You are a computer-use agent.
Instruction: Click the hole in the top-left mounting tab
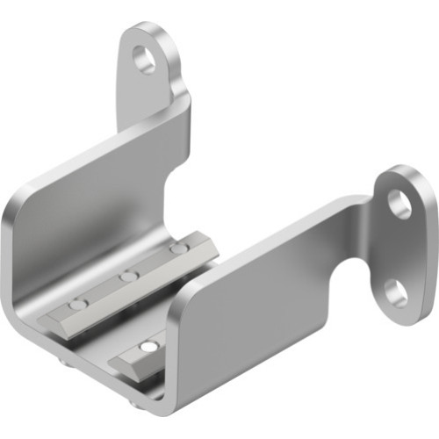pos(144,59)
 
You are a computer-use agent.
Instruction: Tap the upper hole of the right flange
pos(399,204)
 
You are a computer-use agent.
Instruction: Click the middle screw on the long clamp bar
pos(129,277)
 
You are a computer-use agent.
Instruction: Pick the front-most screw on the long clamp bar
pos(78,304)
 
